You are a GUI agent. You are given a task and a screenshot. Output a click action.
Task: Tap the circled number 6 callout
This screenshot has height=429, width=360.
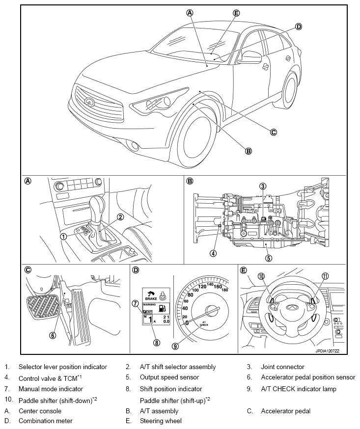click(53, 336)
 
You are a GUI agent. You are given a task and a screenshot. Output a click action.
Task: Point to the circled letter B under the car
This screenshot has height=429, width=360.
click(249, 151)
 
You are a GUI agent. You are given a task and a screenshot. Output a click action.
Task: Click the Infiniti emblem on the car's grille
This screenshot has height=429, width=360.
click(89, 102)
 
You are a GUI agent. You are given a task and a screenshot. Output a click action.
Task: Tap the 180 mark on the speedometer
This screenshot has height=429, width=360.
click(225, 290)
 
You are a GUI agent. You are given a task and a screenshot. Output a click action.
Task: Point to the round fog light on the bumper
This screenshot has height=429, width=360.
click(133, 144)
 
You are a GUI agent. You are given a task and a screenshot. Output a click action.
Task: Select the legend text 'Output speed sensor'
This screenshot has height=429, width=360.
click(169, 377)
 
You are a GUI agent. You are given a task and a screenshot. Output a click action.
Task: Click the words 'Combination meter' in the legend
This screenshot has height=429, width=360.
click(45, 421)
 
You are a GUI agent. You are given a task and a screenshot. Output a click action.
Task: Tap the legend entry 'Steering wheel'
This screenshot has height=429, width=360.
click(161, 421)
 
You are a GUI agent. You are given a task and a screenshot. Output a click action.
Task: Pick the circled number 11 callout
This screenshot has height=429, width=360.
click(324, 276)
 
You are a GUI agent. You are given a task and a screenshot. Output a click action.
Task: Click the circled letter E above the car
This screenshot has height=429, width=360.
click(236, 13)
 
